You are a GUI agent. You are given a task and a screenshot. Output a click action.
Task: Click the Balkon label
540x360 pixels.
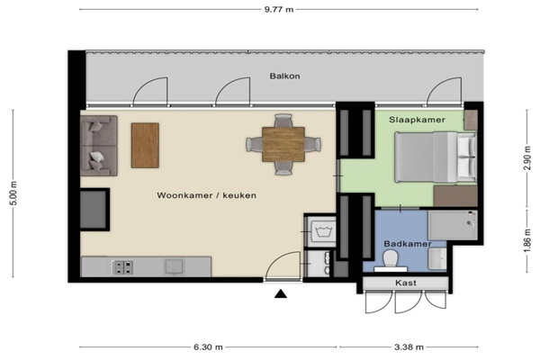point(284,76)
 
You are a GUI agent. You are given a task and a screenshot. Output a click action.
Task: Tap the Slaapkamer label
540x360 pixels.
point(417,120)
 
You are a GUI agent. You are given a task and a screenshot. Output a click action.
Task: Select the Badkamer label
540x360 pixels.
point(408,244)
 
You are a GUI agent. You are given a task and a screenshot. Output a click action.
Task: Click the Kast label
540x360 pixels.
point(406,283)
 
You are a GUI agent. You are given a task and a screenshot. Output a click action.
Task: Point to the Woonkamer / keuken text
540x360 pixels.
point(207,195)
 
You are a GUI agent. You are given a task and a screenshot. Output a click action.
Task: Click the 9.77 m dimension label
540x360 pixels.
point(279,9)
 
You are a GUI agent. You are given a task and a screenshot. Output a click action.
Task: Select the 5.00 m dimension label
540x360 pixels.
point(13,193)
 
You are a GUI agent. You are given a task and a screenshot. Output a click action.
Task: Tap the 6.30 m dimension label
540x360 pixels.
point(208,346)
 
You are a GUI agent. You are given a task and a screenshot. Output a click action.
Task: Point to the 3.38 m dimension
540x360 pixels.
point(409,346)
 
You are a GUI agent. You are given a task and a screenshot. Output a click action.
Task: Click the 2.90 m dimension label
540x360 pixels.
point(526,157)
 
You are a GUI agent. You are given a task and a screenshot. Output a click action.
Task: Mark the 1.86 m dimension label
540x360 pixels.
point(526,240)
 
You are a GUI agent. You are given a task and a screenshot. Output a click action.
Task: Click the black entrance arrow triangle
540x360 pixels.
point(281,293)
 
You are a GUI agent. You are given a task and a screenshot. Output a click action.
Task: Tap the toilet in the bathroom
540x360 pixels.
point(391,261)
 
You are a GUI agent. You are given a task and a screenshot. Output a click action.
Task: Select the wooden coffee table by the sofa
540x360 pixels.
point(145,146)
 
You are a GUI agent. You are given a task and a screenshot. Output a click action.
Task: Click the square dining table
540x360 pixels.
point(283,144)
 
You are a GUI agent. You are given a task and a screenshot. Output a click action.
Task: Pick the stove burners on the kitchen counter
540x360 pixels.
point(123,267)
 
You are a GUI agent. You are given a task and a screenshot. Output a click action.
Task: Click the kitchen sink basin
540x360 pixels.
point(175,266)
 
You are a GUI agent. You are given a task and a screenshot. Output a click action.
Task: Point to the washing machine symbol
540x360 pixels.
point(323,231)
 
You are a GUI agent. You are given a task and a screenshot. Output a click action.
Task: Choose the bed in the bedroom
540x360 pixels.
point(436,157)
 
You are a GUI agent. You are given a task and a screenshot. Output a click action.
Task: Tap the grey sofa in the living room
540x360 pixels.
point(99,146)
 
